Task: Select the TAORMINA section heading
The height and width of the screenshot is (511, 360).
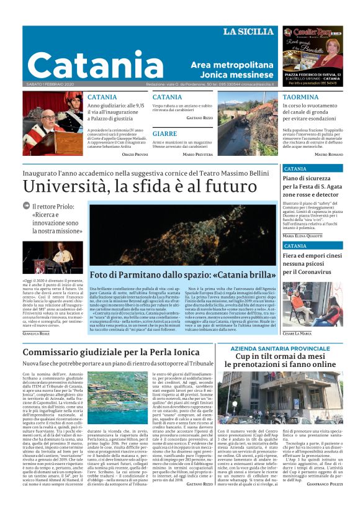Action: click(301, 97)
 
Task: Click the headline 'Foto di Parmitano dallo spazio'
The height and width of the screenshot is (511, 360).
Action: click(182, 274)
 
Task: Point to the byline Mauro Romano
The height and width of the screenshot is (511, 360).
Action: click(328, 153)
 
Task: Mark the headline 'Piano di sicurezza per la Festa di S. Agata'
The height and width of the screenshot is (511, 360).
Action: click(312, 186)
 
